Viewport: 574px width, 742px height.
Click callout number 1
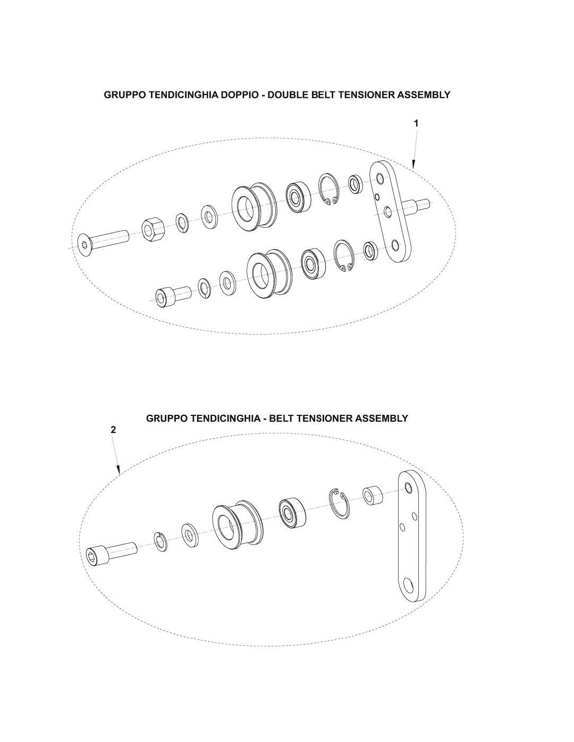coord(416,123)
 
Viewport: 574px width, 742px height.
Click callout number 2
coord(113,430)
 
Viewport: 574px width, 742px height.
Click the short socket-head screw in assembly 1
coord(173,295)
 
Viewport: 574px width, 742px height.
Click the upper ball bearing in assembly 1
coord(298,196)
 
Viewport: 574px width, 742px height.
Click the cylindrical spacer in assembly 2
coord(373,496)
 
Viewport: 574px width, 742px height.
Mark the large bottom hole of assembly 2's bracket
coord(408,585)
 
